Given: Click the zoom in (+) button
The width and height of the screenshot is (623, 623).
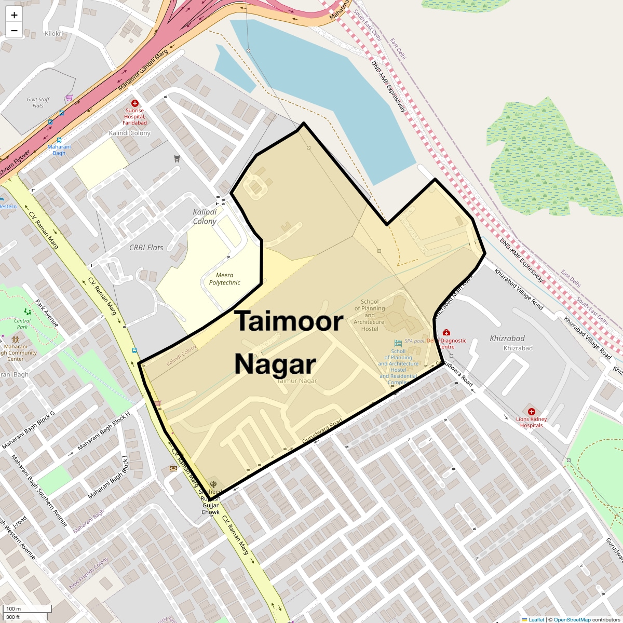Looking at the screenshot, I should coord(14,15).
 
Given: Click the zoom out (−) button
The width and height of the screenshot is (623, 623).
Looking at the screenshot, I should coord(14,31).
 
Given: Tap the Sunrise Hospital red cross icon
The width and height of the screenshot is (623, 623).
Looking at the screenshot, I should coord(135,103).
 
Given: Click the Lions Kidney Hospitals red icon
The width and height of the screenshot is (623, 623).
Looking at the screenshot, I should coord(531,412).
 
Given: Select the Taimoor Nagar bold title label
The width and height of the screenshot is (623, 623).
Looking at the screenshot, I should coord(288,343).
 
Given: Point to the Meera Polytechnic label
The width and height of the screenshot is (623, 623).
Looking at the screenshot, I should coord(225,279).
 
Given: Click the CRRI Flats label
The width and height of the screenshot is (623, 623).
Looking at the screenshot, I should coord(146,248).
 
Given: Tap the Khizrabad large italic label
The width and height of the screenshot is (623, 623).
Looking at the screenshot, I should coord(507,338).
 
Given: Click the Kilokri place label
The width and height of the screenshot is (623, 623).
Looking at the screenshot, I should coord(54,34).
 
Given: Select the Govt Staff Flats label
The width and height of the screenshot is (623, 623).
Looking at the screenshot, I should coord(38,102).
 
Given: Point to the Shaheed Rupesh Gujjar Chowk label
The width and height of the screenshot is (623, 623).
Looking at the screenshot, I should coord(211,502).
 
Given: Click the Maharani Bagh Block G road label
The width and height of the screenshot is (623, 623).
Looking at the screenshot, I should coord(28,430).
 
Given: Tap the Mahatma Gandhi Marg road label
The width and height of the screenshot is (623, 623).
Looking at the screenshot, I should coord(143,71).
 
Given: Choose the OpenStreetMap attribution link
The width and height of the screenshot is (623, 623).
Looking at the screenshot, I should coord(572,619).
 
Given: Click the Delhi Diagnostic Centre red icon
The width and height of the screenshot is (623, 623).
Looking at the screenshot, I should coord(445,333).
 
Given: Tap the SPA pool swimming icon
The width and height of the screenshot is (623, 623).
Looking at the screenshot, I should coord(398,343).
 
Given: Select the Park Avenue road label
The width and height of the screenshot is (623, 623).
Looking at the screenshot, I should coord(47,313).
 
